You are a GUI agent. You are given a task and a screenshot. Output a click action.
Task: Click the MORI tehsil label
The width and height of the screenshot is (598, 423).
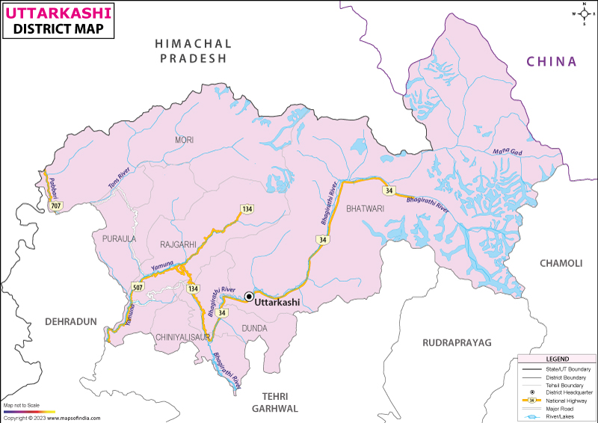(184, 140)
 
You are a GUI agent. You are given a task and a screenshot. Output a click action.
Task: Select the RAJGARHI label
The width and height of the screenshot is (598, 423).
(178, 244)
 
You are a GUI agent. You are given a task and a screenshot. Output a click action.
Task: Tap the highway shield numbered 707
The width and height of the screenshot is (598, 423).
(55, 205)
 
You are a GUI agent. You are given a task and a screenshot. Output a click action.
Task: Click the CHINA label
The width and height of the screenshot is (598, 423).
(552, 61)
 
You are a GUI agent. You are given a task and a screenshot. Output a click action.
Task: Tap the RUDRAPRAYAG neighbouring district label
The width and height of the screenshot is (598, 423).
(457, 342)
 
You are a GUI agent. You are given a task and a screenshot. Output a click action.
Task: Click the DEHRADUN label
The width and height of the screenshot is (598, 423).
(72, 321)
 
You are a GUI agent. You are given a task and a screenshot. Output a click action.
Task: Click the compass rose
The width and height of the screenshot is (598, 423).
(582, 13)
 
